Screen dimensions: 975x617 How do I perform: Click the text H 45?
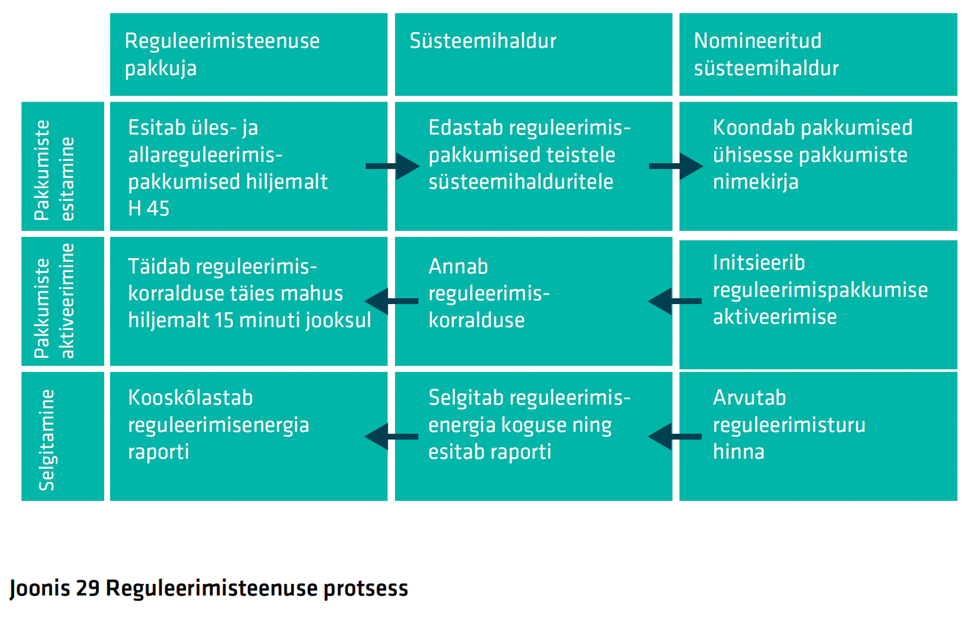click(149, 209)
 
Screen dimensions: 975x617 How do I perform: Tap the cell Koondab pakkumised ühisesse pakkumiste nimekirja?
click(818, 166)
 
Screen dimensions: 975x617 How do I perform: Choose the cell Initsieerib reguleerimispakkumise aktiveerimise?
click(818, 305)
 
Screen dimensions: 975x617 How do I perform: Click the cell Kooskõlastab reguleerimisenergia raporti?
click(249, 436)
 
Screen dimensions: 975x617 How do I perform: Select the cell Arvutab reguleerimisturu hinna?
click(818, 436)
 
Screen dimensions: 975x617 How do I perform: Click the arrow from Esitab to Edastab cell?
click(392, 166)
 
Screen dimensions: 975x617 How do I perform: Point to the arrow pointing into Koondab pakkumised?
click(676, 166)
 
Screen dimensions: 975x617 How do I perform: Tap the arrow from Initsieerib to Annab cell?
click(675, 301)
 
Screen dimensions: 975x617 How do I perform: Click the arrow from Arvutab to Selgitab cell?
click(675, 436)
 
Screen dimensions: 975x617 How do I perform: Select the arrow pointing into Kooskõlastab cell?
click(391, 436)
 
